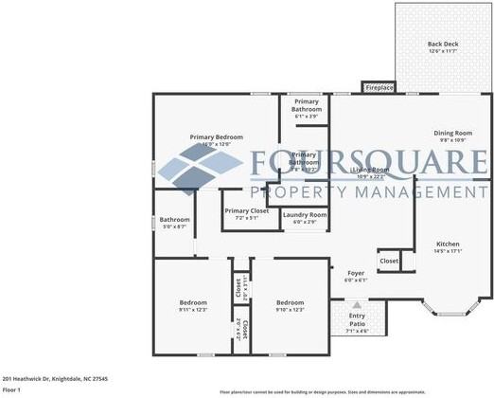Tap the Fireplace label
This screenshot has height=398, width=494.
(x=379, y=88)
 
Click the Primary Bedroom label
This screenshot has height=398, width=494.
(x=216, y=140)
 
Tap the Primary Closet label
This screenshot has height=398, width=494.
(x=246, y=214)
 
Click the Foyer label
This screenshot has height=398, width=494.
(x=355, y=276)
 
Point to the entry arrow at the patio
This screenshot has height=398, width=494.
(x=356, y=306)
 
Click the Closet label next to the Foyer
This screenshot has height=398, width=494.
(x=389, y=260)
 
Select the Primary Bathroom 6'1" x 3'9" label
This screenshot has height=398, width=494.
(x=306, y=105)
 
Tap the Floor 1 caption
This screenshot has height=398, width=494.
(x=11, y=389)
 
